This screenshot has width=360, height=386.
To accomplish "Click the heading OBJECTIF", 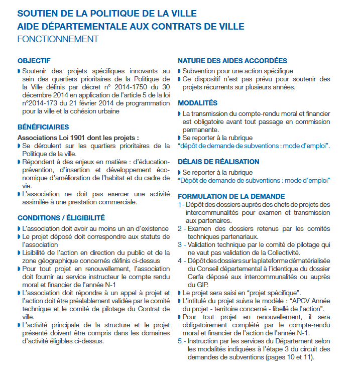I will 34,61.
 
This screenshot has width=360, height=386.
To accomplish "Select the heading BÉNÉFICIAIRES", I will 43,127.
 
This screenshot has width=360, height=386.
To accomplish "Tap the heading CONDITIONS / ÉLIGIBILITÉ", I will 61,218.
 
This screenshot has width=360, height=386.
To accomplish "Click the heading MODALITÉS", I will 198,103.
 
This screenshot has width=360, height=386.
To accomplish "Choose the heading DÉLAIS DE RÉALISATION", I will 218,162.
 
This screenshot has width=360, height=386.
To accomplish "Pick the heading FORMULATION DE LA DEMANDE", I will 231,196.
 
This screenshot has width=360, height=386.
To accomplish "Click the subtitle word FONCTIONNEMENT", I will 58,39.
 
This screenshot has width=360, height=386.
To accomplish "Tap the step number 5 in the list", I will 180,340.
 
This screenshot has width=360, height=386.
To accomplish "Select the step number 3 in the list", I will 180,244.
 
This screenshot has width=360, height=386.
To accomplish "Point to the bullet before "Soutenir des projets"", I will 19,71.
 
